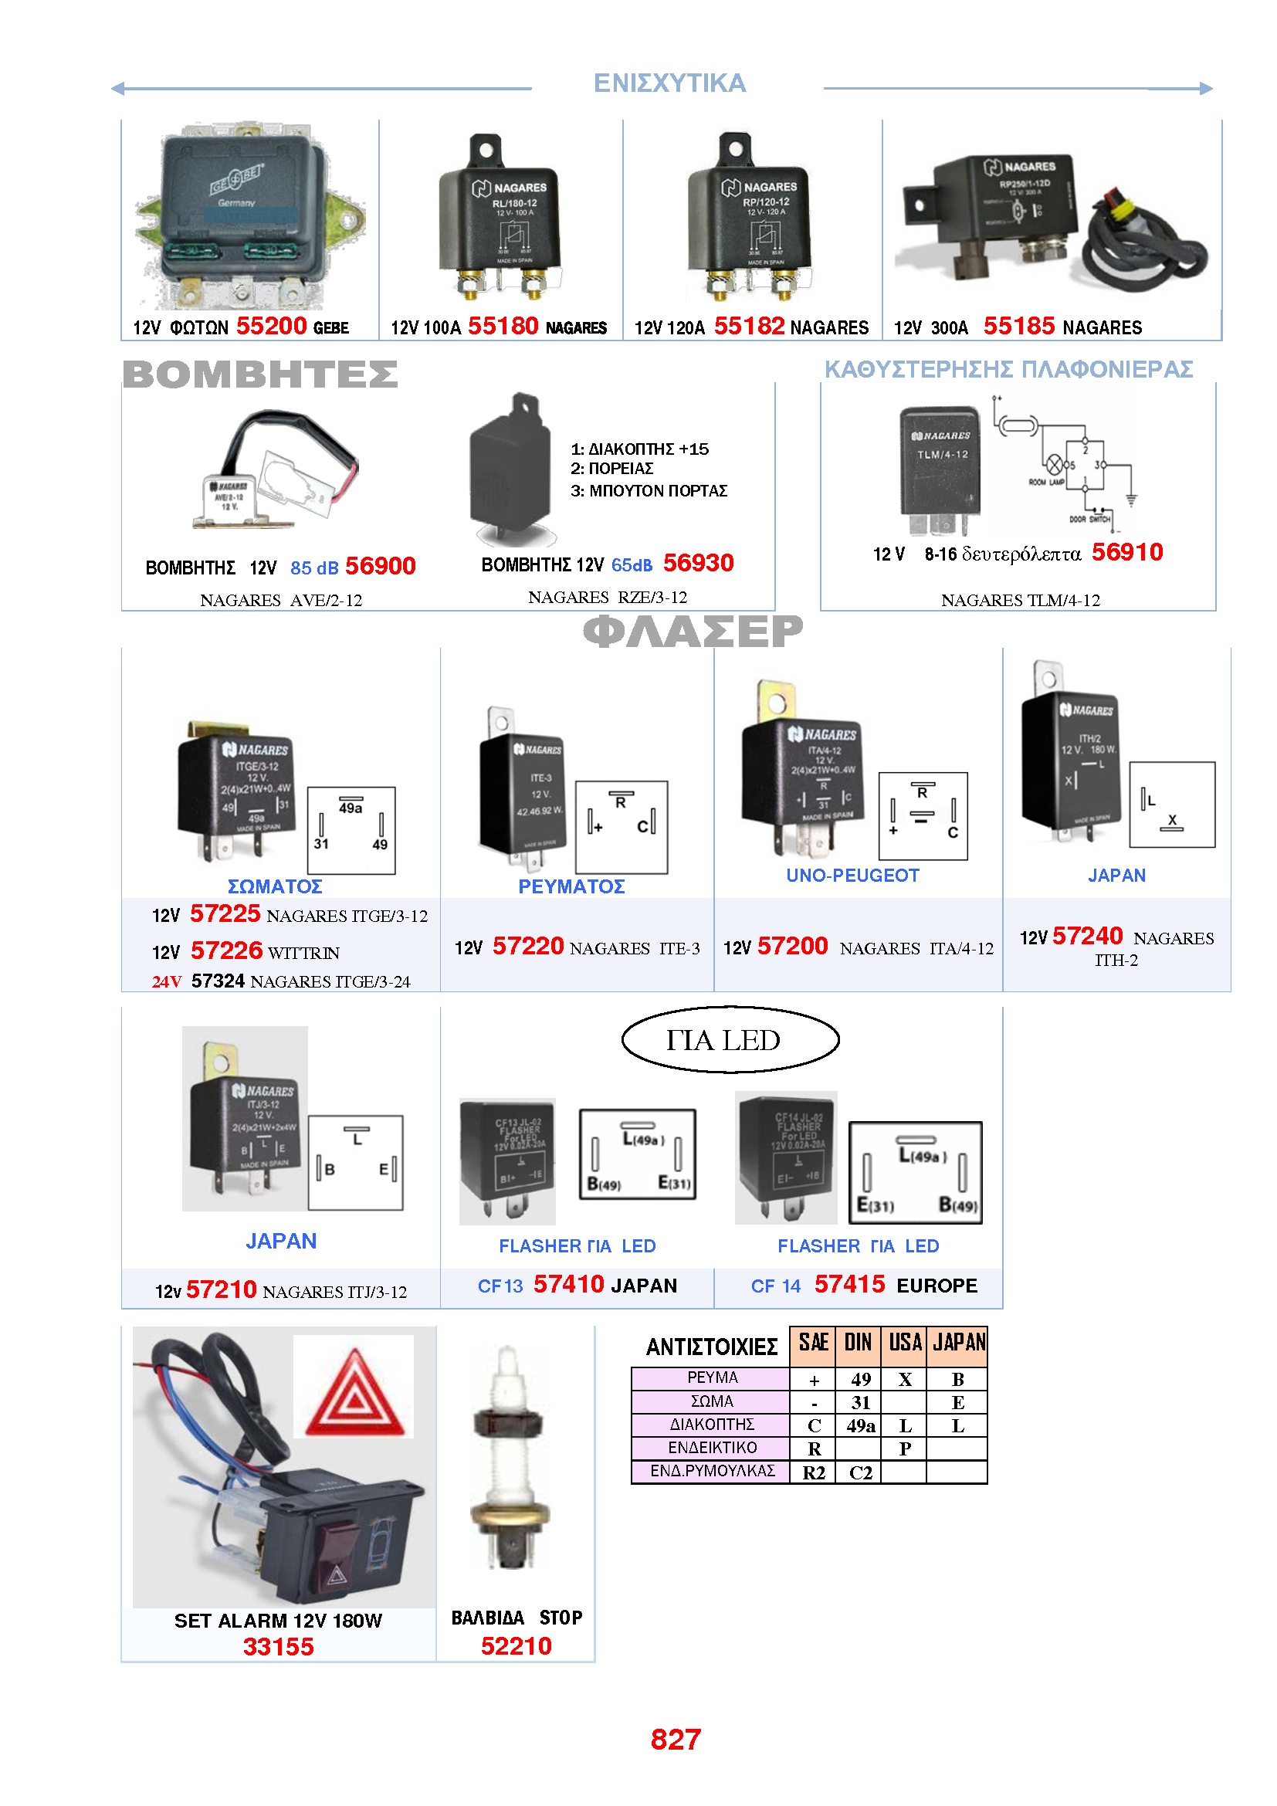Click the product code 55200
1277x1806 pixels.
271,326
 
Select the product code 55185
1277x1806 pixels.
1018,326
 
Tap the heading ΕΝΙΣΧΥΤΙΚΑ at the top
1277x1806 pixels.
669,83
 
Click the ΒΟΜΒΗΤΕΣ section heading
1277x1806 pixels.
260,374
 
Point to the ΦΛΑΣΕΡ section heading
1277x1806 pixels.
693,631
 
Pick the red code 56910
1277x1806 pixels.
1126,552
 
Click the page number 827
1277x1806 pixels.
676,1739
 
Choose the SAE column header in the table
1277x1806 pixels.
813,1343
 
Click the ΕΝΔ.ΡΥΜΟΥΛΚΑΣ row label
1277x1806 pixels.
713,1471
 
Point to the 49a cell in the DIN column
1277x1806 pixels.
860,1426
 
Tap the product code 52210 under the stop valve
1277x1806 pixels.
516,1645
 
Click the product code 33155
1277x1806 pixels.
279,1646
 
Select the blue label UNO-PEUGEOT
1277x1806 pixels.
852,876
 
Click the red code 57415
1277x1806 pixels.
849,1285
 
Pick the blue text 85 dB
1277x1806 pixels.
313,568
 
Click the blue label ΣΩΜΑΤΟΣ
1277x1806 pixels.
274,886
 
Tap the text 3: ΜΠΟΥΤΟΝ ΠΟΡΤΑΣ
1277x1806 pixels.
649,491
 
